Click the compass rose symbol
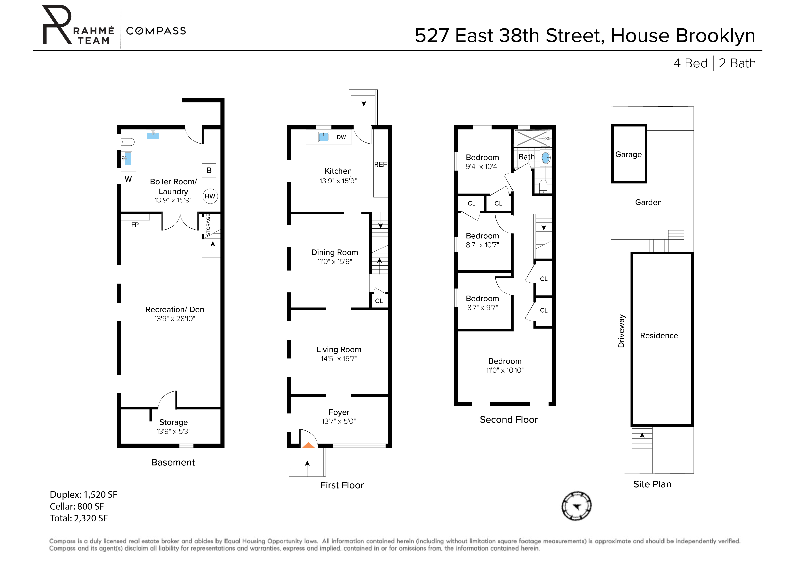coord(576,506)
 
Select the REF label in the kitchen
coord(380,165)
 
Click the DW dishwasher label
coord(341,137)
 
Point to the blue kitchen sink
coord(323,137)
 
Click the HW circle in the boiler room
coord(210,196)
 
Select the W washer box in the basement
coord(128,179)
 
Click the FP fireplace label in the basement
coord(135,225)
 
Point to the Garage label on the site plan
coord(628,154)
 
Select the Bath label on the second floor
coord(526,157)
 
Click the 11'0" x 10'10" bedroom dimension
coord(505,370)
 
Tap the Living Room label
coord(339,349)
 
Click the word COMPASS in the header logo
coord(156,31)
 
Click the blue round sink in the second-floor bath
coord(546,158)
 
